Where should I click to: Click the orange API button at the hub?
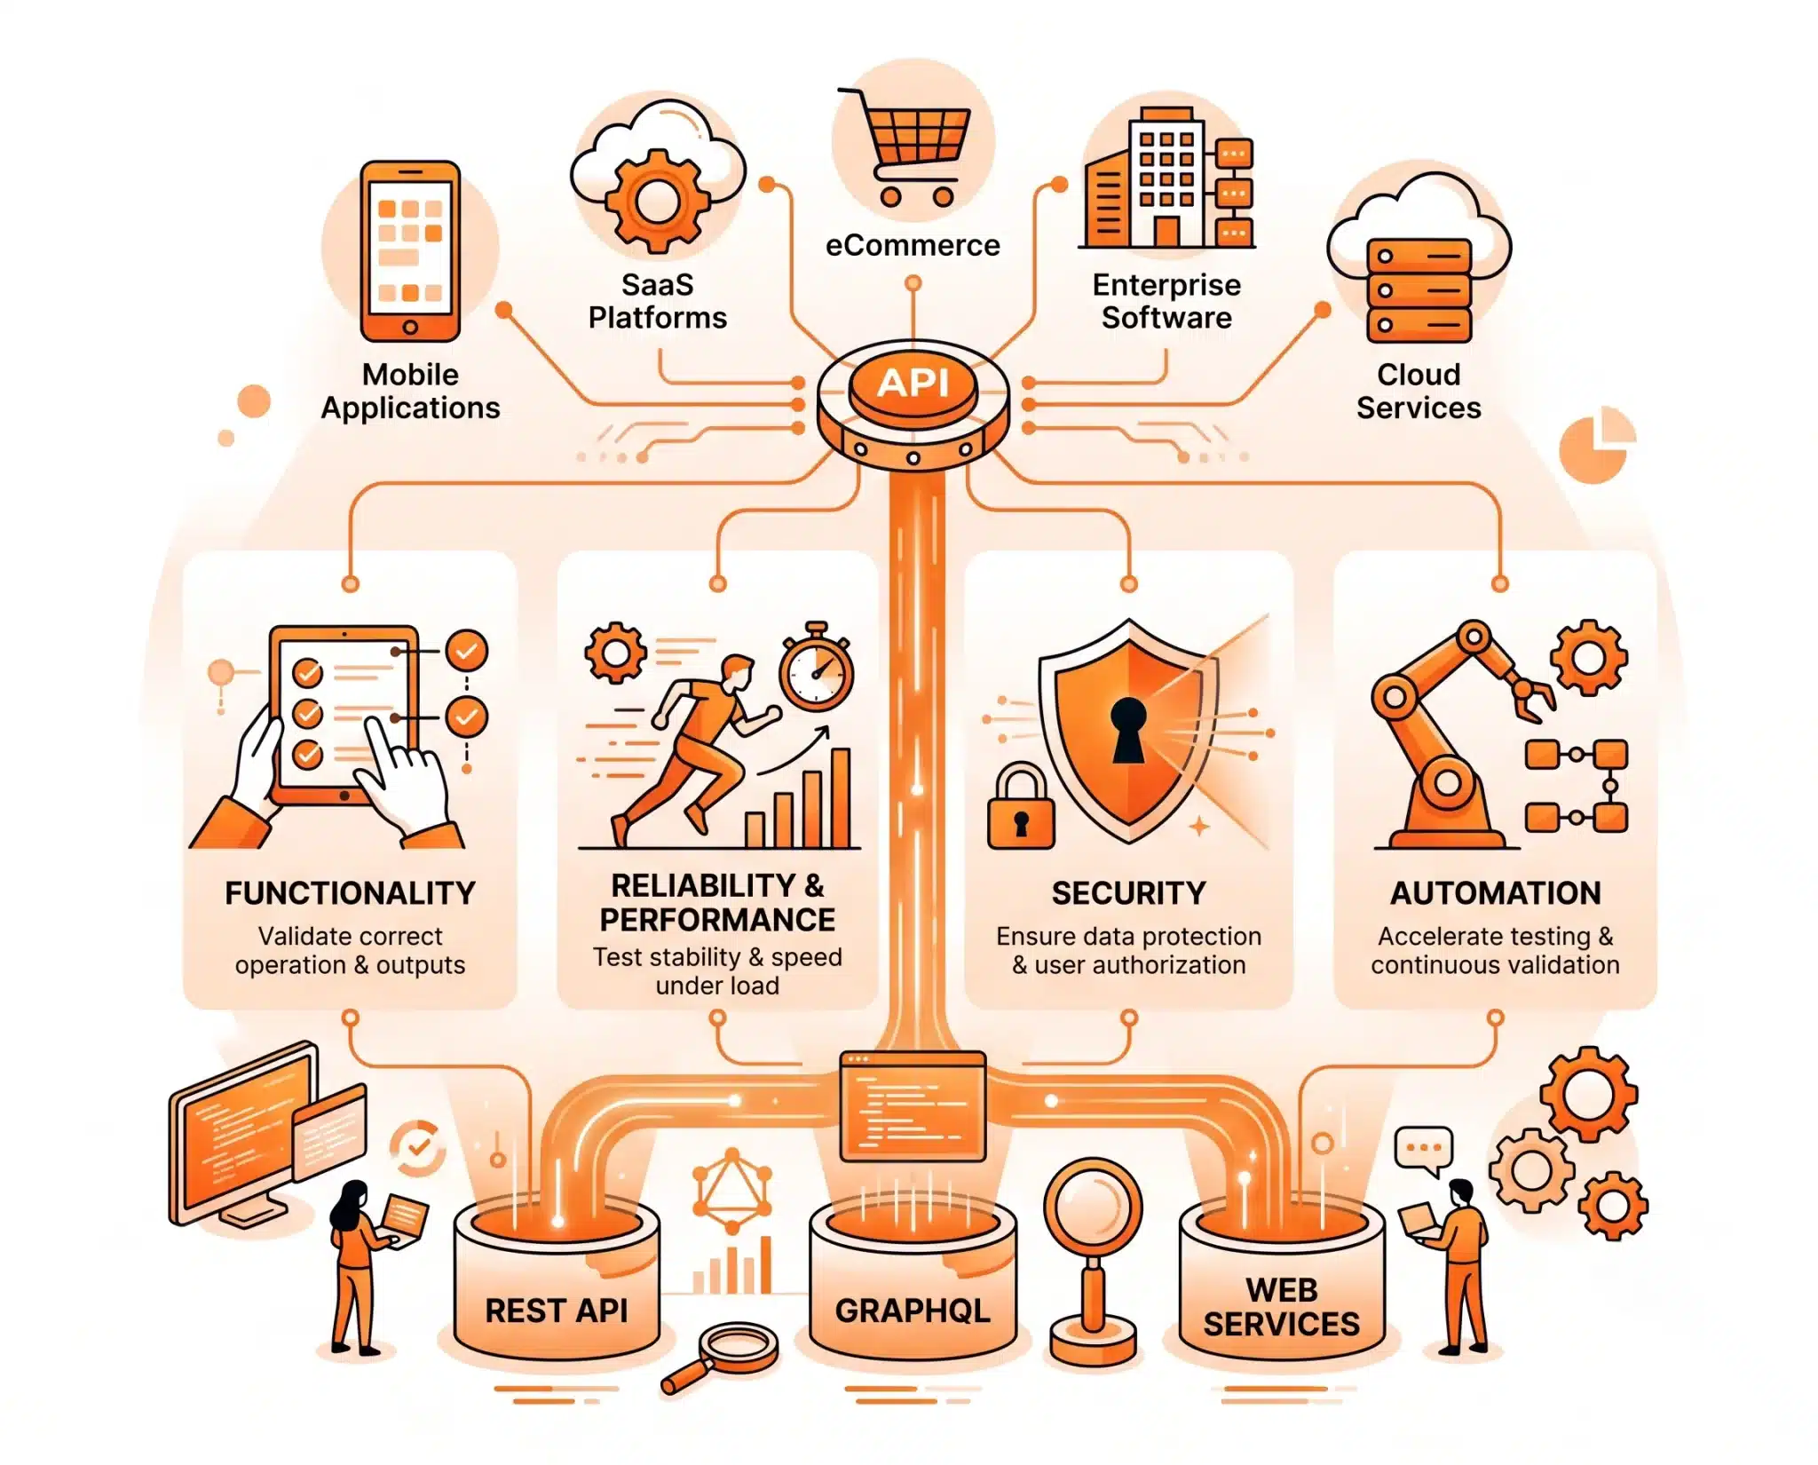pos(913,384)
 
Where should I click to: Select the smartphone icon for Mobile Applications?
pos(410,251)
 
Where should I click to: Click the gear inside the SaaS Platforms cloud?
pos(658,201)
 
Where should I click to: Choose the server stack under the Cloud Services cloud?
pos(1419,291)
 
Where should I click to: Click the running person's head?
pos(737,673)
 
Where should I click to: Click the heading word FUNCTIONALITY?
pos(350,893)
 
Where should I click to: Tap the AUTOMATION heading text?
pos(1496,893)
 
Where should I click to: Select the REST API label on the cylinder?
pos(557,1311)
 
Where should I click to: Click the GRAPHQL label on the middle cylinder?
pos(913,1311)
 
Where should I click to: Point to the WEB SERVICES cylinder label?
pos(1282,1307)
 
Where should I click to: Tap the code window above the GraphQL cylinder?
pos(913,1106)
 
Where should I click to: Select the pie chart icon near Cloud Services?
pos(1596,445)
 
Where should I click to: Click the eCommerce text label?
pos(913,245)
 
